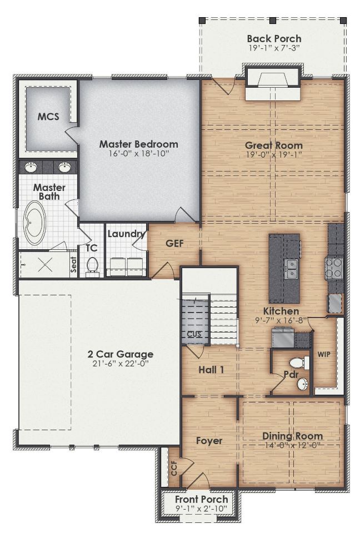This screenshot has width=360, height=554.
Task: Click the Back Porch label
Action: click(274, 38)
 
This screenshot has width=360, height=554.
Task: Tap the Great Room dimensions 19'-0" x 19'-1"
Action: click(274, 155)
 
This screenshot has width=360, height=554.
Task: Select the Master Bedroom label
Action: click(138, 144)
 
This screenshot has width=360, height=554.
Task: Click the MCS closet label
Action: click(48, 117)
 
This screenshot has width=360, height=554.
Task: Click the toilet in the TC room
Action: click(92, 266)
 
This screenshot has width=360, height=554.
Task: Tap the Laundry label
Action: click(126, 234)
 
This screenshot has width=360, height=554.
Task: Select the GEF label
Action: click(174, 243)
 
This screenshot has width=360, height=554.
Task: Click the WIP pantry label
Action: click(324, 354)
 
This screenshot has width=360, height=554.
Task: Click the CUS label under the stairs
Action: click(194, 334)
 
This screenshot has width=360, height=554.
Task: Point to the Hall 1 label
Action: click(211, 369)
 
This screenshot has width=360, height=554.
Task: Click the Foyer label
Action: click(209, 441)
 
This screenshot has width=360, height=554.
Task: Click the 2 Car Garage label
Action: click(121, 354)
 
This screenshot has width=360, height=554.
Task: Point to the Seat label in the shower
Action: click(73, 267)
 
